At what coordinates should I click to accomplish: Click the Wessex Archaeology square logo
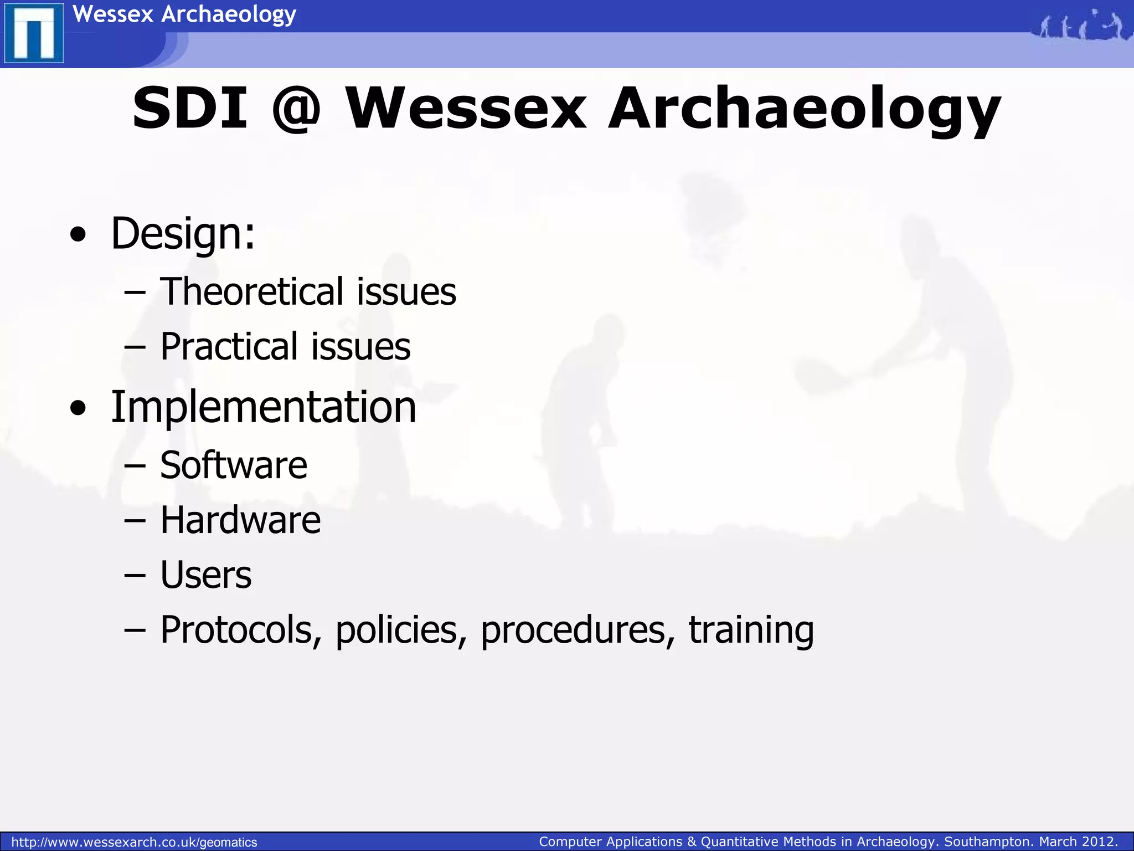click(x=34, y=33)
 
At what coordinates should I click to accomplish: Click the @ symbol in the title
click(x=296, y=108)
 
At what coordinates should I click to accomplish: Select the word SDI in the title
click(x=189, y=108)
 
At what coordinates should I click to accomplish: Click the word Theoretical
click(x=251, y=291)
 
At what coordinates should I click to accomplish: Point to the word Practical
click(x=229, y=347)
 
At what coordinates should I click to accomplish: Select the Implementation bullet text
click(x=263, y=407)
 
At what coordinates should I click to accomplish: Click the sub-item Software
click(x=233, y=465)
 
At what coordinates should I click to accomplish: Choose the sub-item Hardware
click(x=240, y=520)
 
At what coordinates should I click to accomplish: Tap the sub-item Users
click(x=205, y=575)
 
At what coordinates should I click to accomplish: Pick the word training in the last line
click(x=751, y=630)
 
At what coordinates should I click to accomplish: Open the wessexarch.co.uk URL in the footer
click(x=134, y=842)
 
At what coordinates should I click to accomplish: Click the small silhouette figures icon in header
click(x=1080, y=25)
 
